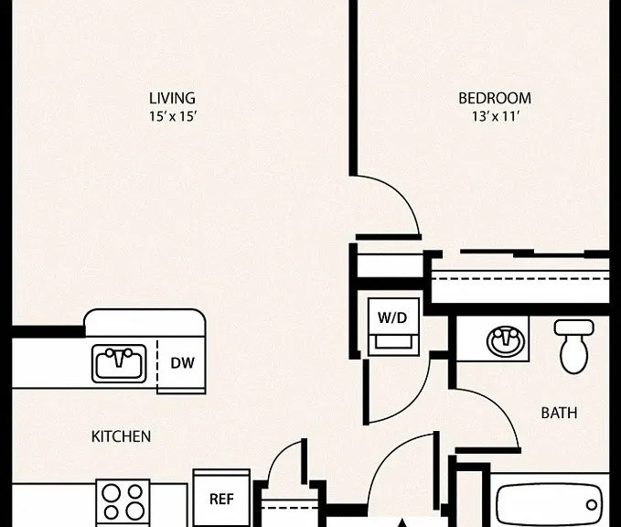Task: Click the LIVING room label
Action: [172, 98]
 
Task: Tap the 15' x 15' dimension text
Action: [173, 116]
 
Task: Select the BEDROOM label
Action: [495, 98]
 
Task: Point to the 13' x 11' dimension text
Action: [496, 116]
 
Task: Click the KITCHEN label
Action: [122, 436]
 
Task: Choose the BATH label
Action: [559, 413]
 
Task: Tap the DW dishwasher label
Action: [183, 363]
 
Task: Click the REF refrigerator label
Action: [221, 499]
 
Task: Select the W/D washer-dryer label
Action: [392, 317]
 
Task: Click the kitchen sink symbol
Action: [119, 363]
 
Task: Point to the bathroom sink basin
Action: [506, 340]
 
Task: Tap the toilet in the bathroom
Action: [573, 347]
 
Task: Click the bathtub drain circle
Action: [592, 505]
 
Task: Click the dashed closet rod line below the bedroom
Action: [520, 278]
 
